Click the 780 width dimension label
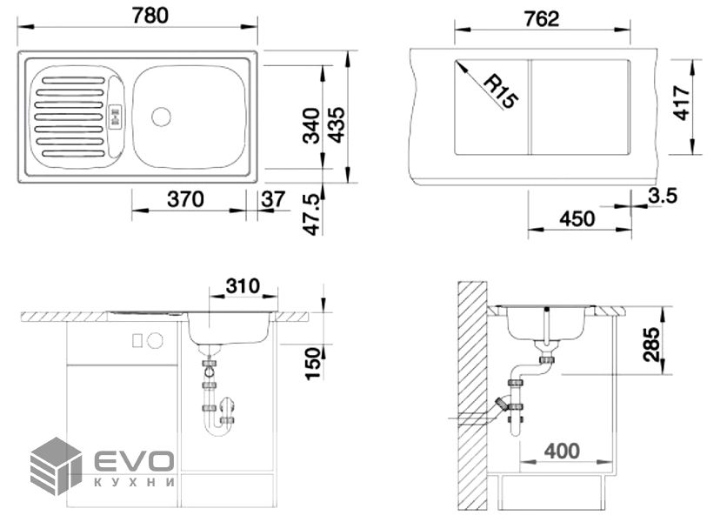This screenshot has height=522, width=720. pyautogui.click(x=150, y=15)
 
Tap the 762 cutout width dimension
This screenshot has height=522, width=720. pyautogui.click(x=542, y=19)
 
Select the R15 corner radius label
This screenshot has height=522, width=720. pyautogui.click(x=502, y=91)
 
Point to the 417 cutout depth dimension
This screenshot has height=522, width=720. pyautogui.click(x=682, y=103)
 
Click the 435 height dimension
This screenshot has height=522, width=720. pyautogui.click(x=337, y=124)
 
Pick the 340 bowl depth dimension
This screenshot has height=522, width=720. pyautogui.click(x=312, y=125)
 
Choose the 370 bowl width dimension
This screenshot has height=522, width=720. pyautogui.click(x=185, y=199)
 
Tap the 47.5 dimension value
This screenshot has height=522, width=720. pyautogui.click(x=312, y=214)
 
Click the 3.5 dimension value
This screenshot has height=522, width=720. pyautogui.click(x=663, y=196)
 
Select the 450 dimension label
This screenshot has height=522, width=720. pyautogui.click(x=577, y=218)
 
